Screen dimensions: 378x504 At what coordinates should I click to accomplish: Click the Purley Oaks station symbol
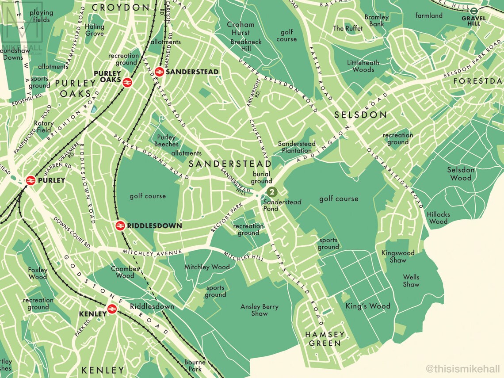pos(126,82)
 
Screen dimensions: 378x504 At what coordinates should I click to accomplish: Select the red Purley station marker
pos(31,180)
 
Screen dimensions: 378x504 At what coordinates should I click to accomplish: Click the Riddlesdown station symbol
pos(120,225)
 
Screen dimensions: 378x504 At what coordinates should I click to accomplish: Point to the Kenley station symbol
pos(111,309)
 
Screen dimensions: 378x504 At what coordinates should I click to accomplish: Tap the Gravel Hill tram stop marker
pos(473,11)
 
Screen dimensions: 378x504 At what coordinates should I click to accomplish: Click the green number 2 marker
pos(272,192)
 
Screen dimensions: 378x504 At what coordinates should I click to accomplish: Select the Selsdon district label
pos(360,115)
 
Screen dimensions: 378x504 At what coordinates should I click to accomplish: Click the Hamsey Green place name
pos(325,339)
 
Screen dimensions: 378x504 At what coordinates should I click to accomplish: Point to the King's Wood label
pos(368,306)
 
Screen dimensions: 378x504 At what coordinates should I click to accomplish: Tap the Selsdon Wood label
pos(461,174)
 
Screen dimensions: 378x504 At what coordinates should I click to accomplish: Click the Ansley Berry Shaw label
pos(259,310)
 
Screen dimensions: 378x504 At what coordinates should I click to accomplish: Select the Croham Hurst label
pos(241,29)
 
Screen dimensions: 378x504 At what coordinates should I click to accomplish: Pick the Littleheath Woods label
pos(360,66)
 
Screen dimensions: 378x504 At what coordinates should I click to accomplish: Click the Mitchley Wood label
pos(207,267)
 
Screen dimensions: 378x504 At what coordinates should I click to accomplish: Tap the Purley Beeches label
pos(166,141)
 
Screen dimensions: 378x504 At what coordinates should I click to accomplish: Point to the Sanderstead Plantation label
pos(296,147)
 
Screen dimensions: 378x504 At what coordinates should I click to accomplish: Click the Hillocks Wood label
pos(438,218)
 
